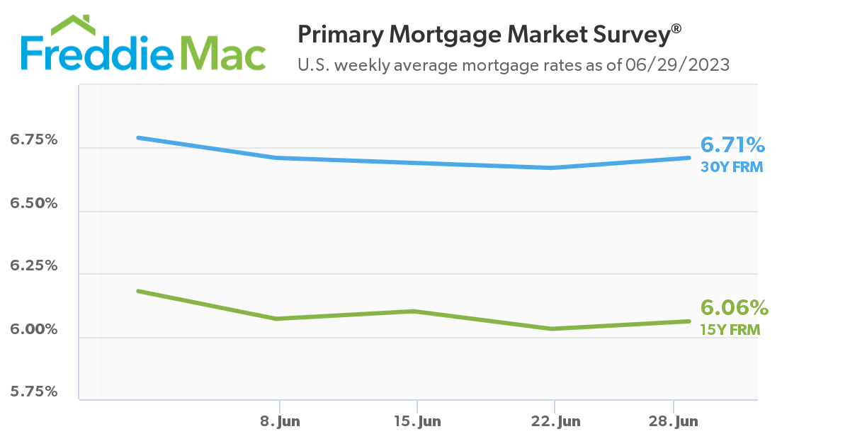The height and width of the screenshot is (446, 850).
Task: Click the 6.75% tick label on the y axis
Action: click(33, 139)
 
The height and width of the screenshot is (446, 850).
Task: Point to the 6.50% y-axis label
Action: click(33, 203)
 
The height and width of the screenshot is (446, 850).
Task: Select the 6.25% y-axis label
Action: click(33, 266)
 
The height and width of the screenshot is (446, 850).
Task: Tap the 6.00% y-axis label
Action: click(33, 329)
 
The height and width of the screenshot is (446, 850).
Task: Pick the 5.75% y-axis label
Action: click(33, 391)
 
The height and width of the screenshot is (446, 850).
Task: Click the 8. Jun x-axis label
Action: click(280, 421)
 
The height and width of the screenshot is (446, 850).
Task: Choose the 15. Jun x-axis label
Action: click(416, 421)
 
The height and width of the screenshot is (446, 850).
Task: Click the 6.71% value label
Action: click(732, 145)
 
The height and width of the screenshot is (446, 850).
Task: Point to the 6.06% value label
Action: click(734, 308)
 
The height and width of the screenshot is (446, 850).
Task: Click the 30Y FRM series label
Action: click(731, 168)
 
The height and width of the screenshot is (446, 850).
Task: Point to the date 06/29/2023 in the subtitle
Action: click(678, 65)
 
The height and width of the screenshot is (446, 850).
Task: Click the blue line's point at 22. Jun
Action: click(552, 168)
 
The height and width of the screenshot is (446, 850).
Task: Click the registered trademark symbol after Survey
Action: click(676, 28)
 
